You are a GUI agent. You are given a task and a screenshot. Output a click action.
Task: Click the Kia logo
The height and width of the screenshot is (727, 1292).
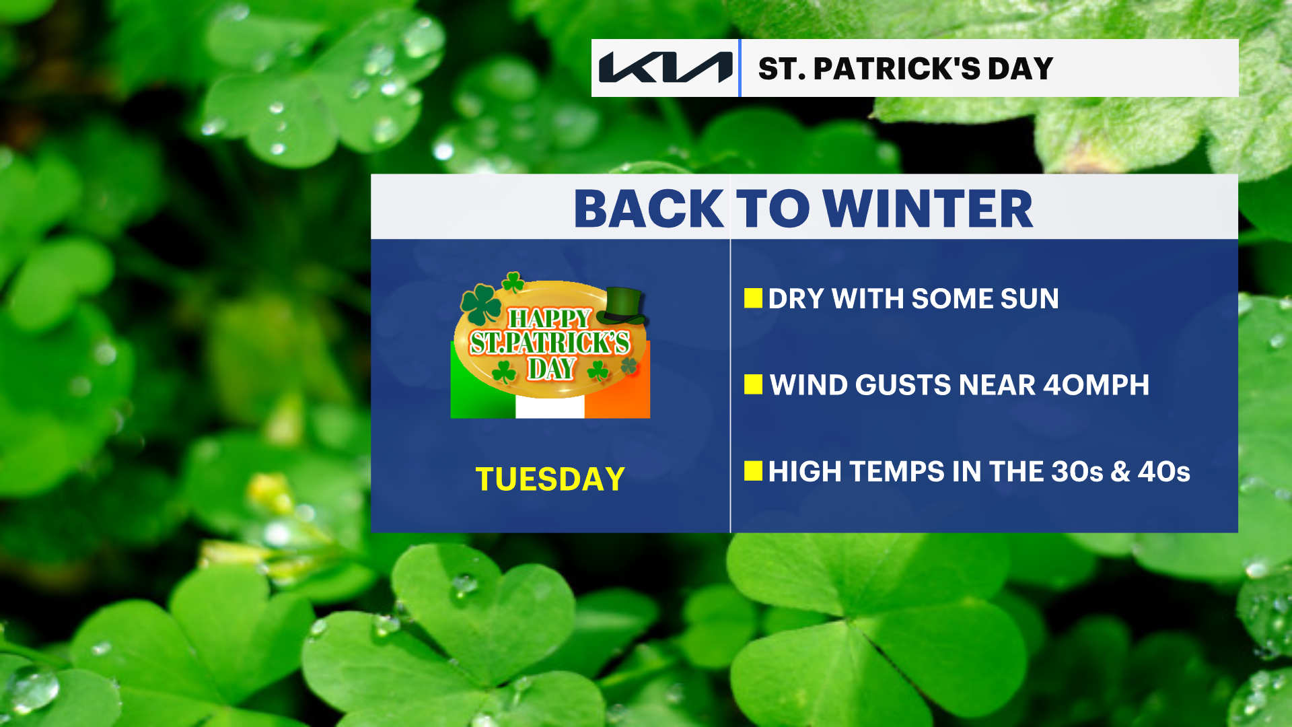(666, 67)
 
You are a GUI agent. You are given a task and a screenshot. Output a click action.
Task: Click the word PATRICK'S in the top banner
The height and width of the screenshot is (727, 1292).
(896, 69)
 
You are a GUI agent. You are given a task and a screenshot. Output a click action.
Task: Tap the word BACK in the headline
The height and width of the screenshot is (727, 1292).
(649, 209)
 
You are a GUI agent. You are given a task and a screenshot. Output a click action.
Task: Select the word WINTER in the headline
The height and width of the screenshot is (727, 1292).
(928, 209)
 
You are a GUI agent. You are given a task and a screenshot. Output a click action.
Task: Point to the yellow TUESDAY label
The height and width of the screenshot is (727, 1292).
(550, 479)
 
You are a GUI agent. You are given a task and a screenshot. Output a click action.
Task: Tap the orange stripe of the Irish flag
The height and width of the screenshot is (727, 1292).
(617, 394)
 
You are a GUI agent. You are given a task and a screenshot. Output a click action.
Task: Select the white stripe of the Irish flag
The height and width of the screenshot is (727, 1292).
(550, 407)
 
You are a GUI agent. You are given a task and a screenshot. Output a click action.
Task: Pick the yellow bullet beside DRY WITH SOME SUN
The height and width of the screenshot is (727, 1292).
(753, 298)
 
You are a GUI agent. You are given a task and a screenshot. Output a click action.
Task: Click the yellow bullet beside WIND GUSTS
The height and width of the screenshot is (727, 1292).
(753, 384)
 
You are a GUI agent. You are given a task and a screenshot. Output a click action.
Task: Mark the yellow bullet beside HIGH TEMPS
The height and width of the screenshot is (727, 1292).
(753, 471)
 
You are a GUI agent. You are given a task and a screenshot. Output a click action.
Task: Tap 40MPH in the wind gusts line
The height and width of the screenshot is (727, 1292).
(1096, 385)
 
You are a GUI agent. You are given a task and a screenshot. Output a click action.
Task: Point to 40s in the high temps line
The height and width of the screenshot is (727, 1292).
(1164, 472)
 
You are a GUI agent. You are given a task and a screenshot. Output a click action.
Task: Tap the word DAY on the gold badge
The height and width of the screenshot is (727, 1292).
(552, 369)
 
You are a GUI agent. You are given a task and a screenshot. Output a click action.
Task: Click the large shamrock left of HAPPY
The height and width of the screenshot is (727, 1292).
(481, 304)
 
